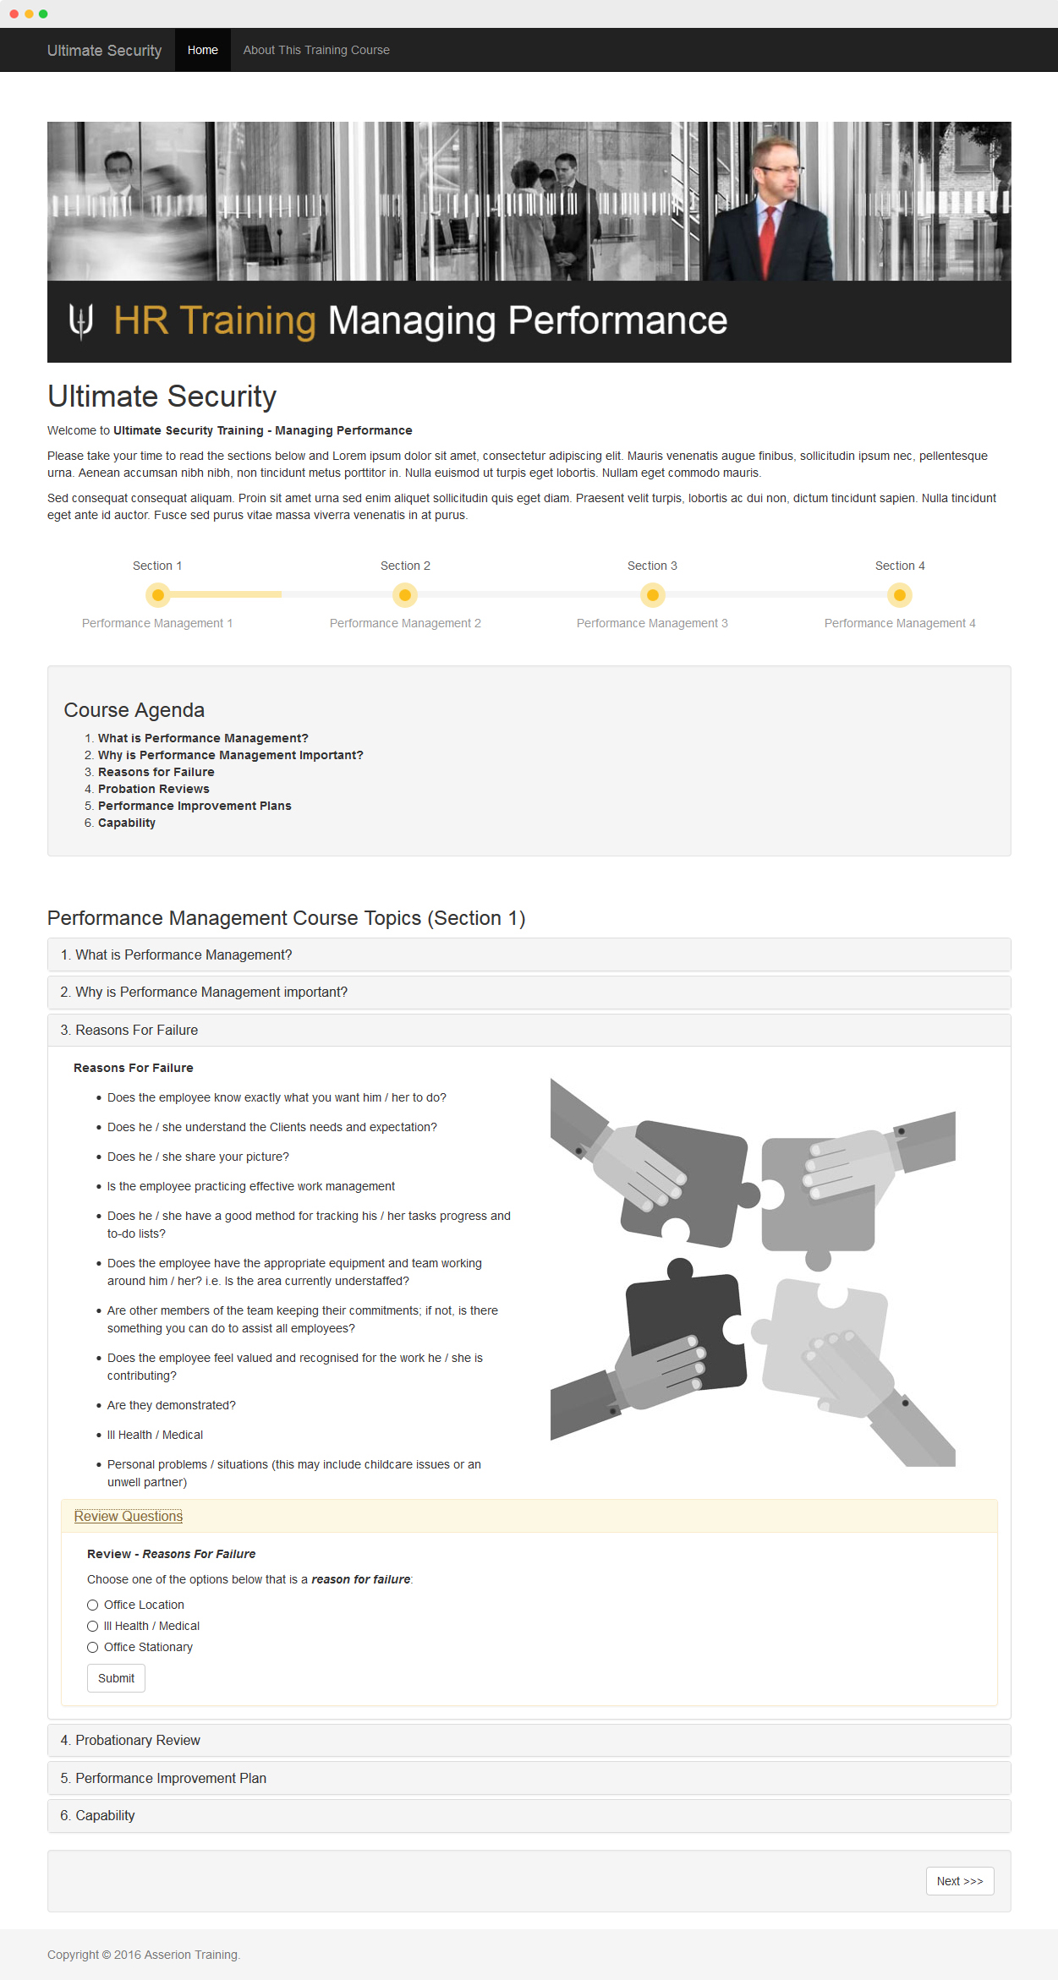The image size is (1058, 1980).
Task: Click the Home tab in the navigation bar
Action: (203, 50)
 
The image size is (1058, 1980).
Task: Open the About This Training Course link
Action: (316, 50)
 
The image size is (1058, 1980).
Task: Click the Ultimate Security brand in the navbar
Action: (104, 51)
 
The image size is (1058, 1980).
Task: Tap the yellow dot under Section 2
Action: (405, 595)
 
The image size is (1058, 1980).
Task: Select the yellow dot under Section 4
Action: (900, 595)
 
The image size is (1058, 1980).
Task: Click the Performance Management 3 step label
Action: (652, 623)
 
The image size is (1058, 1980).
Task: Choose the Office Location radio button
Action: (93, 1605)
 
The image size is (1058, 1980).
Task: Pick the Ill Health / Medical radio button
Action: (93, 1626)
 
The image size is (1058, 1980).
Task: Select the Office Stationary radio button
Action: (93, 1647)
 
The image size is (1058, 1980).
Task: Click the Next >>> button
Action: (960, 1881)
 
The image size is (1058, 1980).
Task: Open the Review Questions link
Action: (129, 1516)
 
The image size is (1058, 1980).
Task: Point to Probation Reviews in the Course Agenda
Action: (153, 789)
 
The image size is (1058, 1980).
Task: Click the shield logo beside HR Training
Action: (81, 320)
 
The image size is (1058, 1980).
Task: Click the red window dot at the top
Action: (14, 14)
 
